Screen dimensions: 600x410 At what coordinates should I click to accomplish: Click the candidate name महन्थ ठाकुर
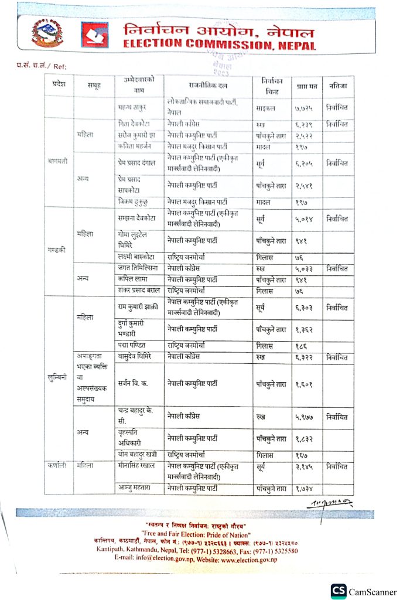133,108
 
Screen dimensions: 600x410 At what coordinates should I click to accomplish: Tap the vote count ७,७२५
305,108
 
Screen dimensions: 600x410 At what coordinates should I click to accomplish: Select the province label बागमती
58,159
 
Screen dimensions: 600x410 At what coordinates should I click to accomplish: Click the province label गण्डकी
57,249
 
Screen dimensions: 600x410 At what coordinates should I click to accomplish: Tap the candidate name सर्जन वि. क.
133,384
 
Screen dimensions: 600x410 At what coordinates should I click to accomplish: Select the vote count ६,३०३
305,306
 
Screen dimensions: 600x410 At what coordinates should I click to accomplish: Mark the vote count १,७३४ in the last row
305,487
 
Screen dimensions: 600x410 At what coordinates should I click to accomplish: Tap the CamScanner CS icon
338,590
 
